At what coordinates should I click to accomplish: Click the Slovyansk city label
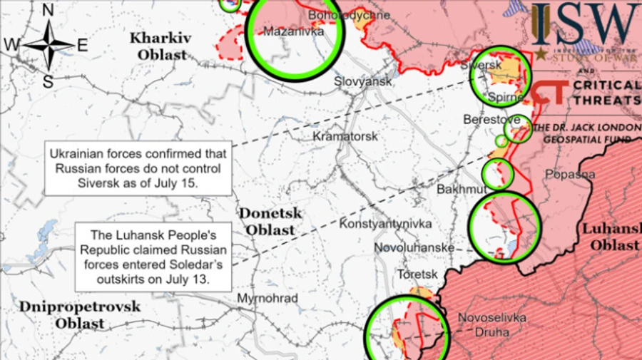[x=363, y=82]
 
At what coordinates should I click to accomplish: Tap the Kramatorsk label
[x=345, y=135]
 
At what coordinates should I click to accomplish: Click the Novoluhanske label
[x=415, y=248]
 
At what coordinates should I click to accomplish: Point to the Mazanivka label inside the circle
[x=293, y=31]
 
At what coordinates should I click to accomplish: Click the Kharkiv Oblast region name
[x=158, y=46]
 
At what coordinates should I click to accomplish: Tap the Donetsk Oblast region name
[x=270, y=221]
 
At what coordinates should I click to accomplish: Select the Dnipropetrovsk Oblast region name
[x=71, y=314]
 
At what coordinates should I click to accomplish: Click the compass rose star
[x=49, y=44]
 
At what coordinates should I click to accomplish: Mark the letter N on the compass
[x=49, y=10]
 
